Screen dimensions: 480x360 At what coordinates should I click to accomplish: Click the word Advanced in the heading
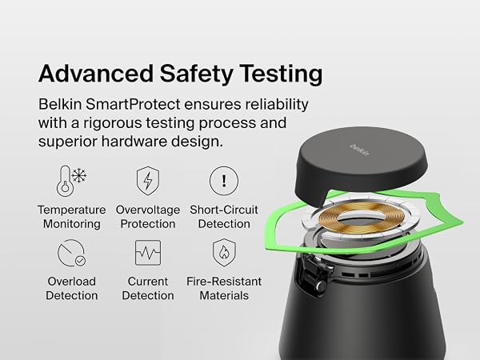pos(95,74)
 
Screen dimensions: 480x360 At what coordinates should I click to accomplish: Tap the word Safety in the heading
pos(197,74)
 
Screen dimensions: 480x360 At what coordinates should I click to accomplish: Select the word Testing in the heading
pos(281,74)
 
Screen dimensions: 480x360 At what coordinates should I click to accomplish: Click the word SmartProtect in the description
pos(133,104)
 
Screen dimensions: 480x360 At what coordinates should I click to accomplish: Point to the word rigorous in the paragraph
pos(113,123)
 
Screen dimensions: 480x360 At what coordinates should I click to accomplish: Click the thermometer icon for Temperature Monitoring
pos(65,181)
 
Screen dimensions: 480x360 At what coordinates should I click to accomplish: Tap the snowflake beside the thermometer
pos(79,175)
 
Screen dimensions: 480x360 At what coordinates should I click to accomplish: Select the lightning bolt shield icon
pos(148,181)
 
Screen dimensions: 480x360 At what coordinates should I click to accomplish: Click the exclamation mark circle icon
pos(224,181)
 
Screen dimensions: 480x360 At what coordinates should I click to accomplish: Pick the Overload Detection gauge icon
pos(71,253)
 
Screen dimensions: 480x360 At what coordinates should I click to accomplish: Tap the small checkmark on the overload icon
pos(80,261)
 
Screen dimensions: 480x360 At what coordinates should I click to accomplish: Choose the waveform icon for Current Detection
pos(148,253)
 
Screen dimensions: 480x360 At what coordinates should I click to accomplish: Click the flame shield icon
pos(224,253)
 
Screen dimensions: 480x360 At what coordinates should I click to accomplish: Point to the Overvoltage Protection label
pos(148,217)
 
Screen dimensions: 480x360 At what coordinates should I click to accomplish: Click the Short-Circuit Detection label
pos(224,217)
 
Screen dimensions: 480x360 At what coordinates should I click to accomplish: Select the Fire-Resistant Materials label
pos(224,288)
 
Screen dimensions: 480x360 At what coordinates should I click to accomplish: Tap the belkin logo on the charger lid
pos(359,150)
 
